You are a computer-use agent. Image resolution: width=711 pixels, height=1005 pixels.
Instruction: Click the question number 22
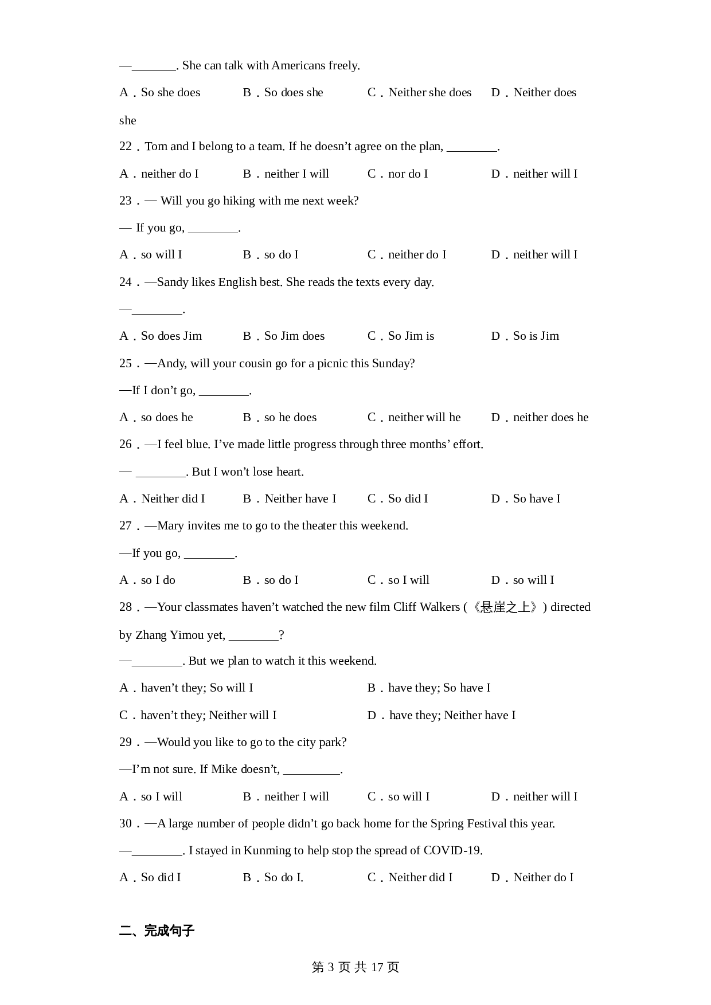pyautogui.click(x=126, y=147)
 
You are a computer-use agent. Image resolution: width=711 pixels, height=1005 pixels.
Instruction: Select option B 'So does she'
pyautogui.click(x=283, y=93)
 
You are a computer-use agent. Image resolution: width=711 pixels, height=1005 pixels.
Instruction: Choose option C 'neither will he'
pyautogui.click(x=414, y=418)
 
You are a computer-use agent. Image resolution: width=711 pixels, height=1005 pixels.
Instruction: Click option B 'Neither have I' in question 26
pyautogui.click(x=290, y=499)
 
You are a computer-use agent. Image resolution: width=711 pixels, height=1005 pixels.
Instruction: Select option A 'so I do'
pyautogui.click(x=147, y=580)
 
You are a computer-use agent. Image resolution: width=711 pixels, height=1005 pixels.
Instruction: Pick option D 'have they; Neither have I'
pyautogui.click(x=442, y=716)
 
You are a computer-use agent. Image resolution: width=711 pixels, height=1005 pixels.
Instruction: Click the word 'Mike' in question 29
pyautogui.click(x=224, y=770)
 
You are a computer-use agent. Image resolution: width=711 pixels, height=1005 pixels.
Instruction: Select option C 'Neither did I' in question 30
pyautogui.click(x=410, y=878)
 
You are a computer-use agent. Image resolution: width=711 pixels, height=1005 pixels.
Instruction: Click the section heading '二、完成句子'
pyautogui.click(x=157, y=931)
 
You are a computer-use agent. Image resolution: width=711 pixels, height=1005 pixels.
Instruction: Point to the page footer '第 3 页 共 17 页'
pyautogui.click(x=355, y=968)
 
